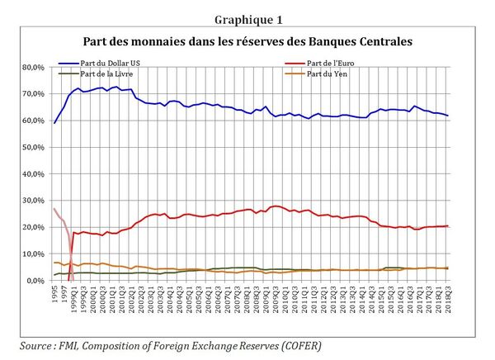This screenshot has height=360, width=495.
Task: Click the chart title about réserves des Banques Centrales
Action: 247,40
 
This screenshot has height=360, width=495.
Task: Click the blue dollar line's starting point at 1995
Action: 54,123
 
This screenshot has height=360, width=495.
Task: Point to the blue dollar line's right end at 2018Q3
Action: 471,116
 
